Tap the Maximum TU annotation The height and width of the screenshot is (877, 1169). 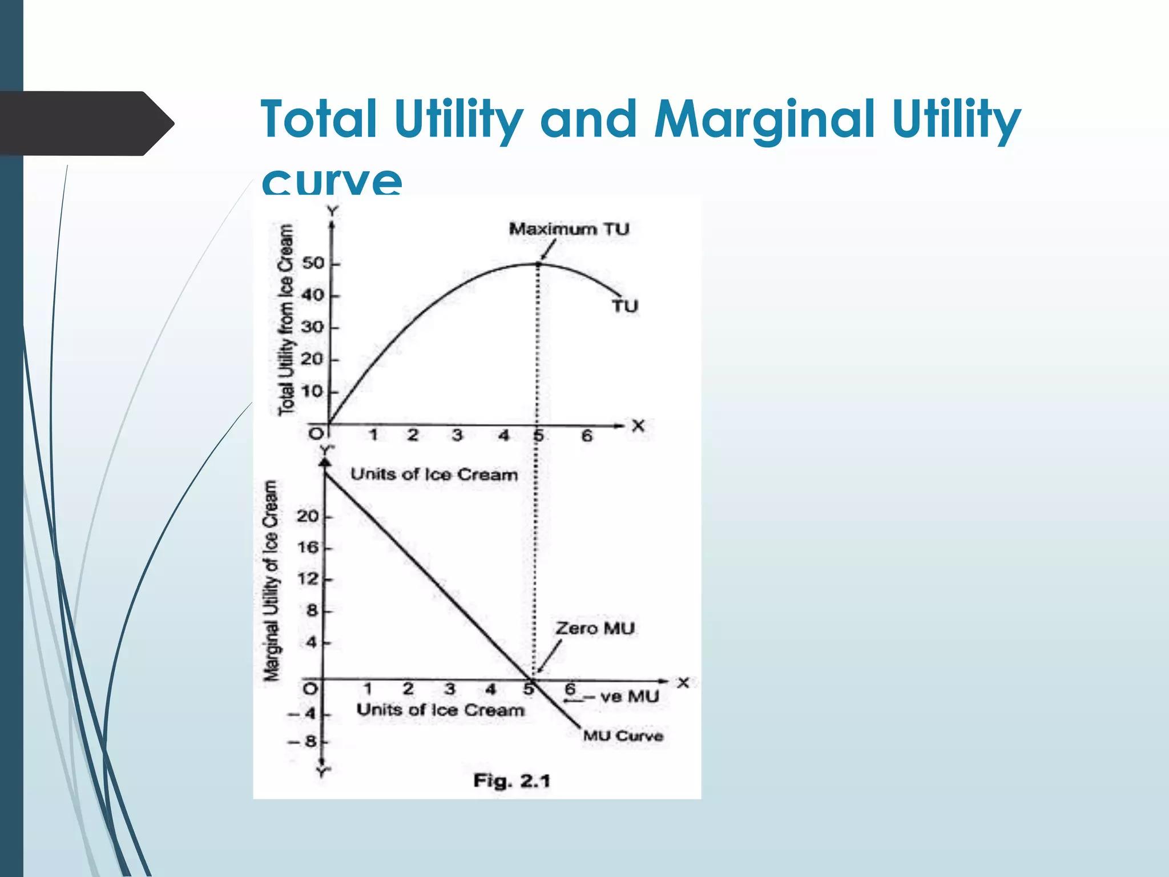(569, 229)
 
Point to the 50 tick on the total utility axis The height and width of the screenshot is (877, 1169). (313, 263)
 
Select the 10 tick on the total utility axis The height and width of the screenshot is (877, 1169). (313, 392)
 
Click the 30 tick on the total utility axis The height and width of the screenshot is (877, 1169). (313, 327)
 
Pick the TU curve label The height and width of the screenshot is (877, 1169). (624, 307)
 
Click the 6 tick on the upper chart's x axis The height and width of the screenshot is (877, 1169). (587, 436)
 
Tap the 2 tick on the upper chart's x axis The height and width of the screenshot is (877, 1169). (413, 435)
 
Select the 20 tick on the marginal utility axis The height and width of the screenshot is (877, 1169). (308, 516)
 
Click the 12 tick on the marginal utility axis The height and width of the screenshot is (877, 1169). (308, 579)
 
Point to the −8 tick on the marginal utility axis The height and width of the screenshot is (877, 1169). (303, 742)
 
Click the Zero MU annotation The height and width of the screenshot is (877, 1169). (595, 629)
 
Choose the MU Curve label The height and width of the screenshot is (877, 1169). (623, 736)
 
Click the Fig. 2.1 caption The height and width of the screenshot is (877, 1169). (511, 781)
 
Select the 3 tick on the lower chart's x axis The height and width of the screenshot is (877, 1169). (450, 689)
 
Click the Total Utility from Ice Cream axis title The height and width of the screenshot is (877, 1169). (286, 320)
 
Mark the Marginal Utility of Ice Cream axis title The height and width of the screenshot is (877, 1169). (271, 581)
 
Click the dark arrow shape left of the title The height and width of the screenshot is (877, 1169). (86, 123)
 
